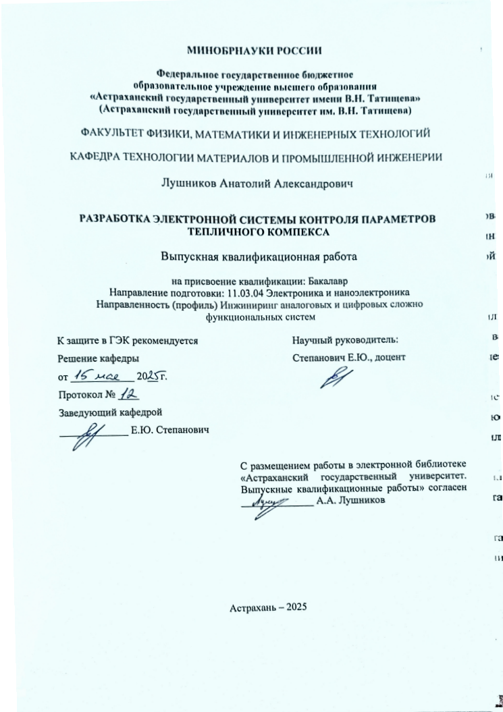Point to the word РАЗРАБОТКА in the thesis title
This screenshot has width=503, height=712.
pos(115,218)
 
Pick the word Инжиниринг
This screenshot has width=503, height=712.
pos(244,304)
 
